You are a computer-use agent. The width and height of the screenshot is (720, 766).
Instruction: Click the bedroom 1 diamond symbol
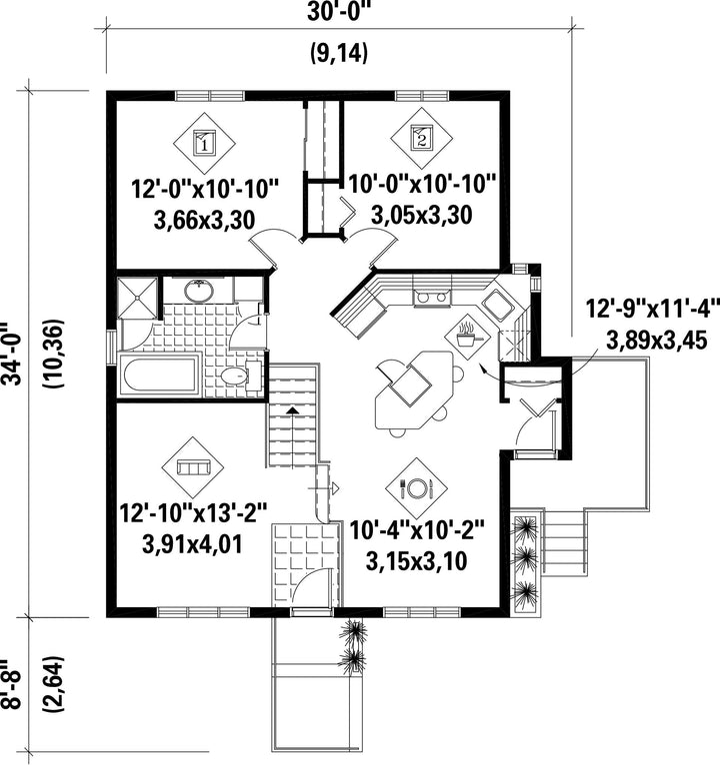[x=204, y=144]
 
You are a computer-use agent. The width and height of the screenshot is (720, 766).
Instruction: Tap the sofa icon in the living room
[x=193, y=467]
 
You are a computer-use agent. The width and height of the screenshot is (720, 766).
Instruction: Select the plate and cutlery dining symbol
[x=416, y=488]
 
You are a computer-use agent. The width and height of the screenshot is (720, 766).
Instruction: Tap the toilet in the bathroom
[x=240, y=377]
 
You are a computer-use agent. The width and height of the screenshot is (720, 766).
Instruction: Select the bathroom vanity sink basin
[x=199, y=291]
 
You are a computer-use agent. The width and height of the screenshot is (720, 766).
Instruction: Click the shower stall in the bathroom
[x=137, y=298]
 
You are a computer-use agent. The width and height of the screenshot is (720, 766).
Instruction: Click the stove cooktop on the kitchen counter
[x=432, y=297]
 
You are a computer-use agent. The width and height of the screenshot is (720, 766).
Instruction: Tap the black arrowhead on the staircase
[x=292, y=410]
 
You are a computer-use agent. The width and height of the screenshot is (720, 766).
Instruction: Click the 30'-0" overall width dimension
[x=339, y=12]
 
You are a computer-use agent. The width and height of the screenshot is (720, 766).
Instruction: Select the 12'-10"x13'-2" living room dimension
[x=194, y=514]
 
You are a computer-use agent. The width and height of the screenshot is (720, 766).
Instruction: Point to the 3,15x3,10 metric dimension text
[x=416, y=561]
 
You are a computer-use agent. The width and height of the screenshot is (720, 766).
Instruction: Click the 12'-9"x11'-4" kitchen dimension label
[x=653, y=309]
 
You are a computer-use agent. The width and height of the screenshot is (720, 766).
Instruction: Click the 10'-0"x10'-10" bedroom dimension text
[x=422, y=185]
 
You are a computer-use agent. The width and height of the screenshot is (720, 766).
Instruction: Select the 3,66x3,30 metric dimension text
[x=204, y=221]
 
